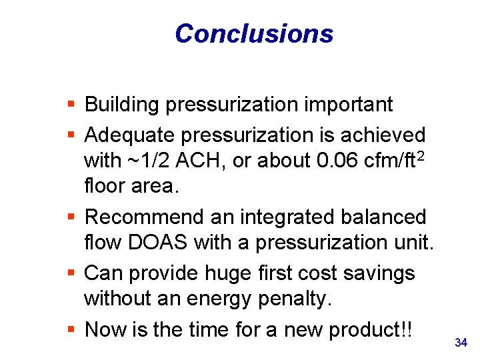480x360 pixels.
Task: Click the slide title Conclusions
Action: click(254, 33)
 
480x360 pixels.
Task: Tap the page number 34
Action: click(461, 343)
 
